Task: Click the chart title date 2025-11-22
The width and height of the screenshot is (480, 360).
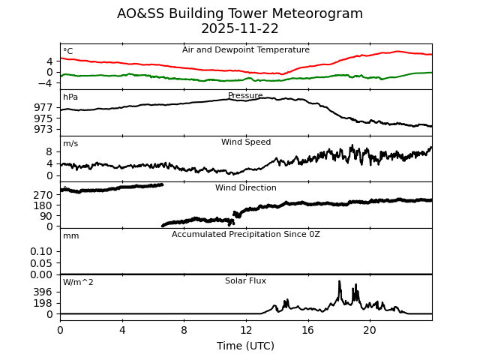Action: click(240, 29)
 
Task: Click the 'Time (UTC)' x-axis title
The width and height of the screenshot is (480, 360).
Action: click(245, 346)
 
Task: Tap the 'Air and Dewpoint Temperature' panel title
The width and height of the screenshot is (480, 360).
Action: click(245, 50)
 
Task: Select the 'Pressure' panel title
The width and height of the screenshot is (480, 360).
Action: click(245, 96)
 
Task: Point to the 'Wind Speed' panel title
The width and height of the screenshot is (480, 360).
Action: click(245, 142)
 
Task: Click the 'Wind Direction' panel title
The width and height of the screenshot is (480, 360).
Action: click(245, 188)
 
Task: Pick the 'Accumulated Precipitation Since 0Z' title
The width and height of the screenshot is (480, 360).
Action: click(245, 235)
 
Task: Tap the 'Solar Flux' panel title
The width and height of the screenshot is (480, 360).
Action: click(245, 281)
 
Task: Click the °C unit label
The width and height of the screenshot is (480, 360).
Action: click(68, 52)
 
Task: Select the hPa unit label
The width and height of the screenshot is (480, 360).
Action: click(70, 97)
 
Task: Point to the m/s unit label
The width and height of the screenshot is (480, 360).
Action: click(70, 144)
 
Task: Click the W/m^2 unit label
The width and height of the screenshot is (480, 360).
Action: click(78, 283)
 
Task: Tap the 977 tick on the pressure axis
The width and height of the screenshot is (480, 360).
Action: click(43, 107)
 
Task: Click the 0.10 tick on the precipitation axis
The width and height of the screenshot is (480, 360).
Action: click(41, 251)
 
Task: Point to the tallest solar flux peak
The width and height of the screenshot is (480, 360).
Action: click(339, 282)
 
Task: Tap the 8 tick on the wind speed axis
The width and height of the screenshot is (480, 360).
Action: click(49, 151)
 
